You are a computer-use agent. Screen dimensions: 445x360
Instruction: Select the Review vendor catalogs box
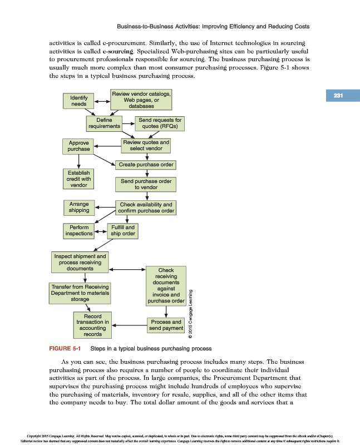click(x=141, y=100)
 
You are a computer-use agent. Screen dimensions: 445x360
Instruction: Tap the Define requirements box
click(x=104, y=123)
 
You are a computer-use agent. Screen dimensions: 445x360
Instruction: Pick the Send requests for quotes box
click(x=160, y=123)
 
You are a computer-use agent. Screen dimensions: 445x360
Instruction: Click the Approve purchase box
click(x=78, y=146)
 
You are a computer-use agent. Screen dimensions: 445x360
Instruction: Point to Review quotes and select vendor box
click(x=146, y=146)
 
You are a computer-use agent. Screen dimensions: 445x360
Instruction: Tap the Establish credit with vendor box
click(x=78, y=179)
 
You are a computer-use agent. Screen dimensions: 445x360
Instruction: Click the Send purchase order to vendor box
click(x=146, y=184)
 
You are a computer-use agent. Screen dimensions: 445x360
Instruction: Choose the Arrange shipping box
click(x=78, y=207)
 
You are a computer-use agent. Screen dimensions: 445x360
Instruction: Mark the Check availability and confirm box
click(x=146, y=207)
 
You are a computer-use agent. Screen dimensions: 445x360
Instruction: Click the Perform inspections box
click(x=78, y=230)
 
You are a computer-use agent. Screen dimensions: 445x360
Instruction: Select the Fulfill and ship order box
click(x=122, y=230)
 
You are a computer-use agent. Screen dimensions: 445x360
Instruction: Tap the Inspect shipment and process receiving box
click(x=80, y=263)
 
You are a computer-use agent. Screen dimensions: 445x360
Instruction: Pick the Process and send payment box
click(x=165, y=325)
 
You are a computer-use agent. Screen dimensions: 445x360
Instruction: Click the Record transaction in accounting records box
click(x=92, y=325)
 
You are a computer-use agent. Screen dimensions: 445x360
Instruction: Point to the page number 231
click(x=338, y=96)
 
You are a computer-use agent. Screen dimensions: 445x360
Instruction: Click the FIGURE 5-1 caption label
click(x=65, y=349)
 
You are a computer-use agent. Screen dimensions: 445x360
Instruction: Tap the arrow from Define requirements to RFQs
click(x=129, y=123)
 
